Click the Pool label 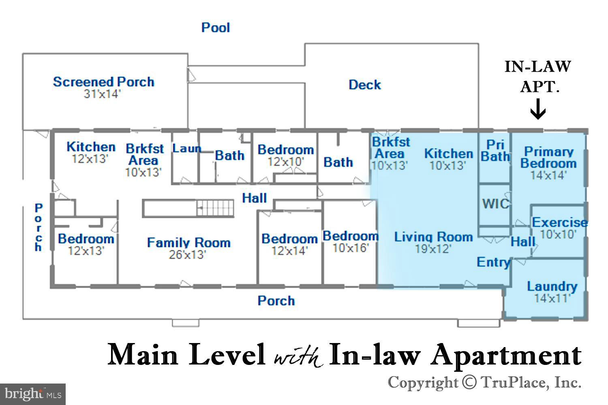pyautogui.click(x=216, y=28)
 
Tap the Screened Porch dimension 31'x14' pyautogui.click(x=102, y=94)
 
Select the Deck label pyautogui.click(x=365, y=85)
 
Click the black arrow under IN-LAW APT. pyautogui.click(x=538, y=109)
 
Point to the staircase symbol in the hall pyautogui.click(x=215, y=208)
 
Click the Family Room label pyautogui.click(x=188, y=242)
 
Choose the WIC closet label pyautogui.click(x=496, y=204)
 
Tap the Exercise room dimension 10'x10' pyautogui.click(x=558, y=234)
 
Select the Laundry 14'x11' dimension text pyautogui.click(x=552, y=298)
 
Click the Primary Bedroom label pyautogui.click(x=548, y=157)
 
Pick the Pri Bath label pyautogui.click(x=495, y=151)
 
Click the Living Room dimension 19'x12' pyautogui.click(x=433, y=249)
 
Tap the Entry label pyautogui.click(x=494, y=262)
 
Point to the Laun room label pyautogui.click(x=186, y=148)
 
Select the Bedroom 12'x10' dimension pyautogui.click(x=285, y=162)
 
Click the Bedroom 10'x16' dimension pyautogui.click(x=351, y=248)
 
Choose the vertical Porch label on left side pyautogui.click(x=39, y=227)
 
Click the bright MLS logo pyautogui.click(x=33, y=394)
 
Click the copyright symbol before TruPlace pyautogui.click(x=469, y=382)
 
